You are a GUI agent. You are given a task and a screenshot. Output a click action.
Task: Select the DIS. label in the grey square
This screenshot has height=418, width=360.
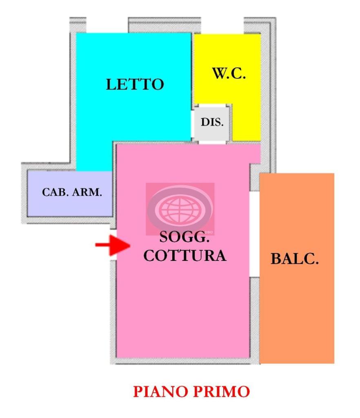212,122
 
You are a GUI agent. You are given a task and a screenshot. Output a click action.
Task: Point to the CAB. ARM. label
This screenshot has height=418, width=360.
72,192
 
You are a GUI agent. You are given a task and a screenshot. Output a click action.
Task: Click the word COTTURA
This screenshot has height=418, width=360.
185,256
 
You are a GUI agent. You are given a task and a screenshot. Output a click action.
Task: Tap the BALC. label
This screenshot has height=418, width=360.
295,259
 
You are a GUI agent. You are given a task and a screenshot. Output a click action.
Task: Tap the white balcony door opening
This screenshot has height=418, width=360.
254,234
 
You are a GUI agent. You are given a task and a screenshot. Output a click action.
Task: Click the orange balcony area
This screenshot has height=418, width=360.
297,310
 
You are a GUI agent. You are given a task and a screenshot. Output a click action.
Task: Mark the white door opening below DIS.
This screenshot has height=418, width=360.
212,142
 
